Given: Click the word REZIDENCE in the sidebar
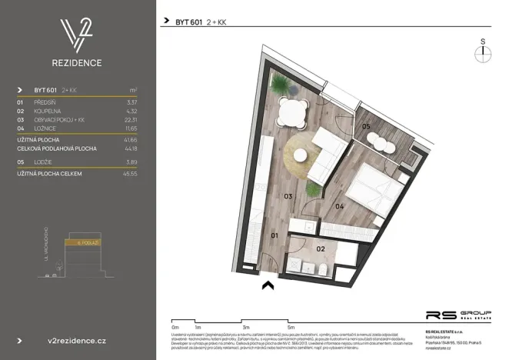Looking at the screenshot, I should (78, 63).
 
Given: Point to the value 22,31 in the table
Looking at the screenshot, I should (131, 119).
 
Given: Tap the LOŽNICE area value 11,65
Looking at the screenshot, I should (131, 128).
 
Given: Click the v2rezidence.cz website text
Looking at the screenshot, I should (77, 339).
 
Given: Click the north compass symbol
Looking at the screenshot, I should (483, 52).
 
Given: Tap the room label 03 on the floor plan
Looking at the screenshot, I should (288, 197).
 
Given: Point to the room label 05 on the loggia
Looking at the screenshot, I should (366, 126).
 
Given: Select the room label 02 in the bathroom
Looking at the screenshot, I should (321, 248).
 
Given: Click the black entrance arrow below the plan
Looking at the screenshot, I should (268, 286).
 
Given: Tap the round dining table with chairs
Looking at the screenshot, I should (292, 113).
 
